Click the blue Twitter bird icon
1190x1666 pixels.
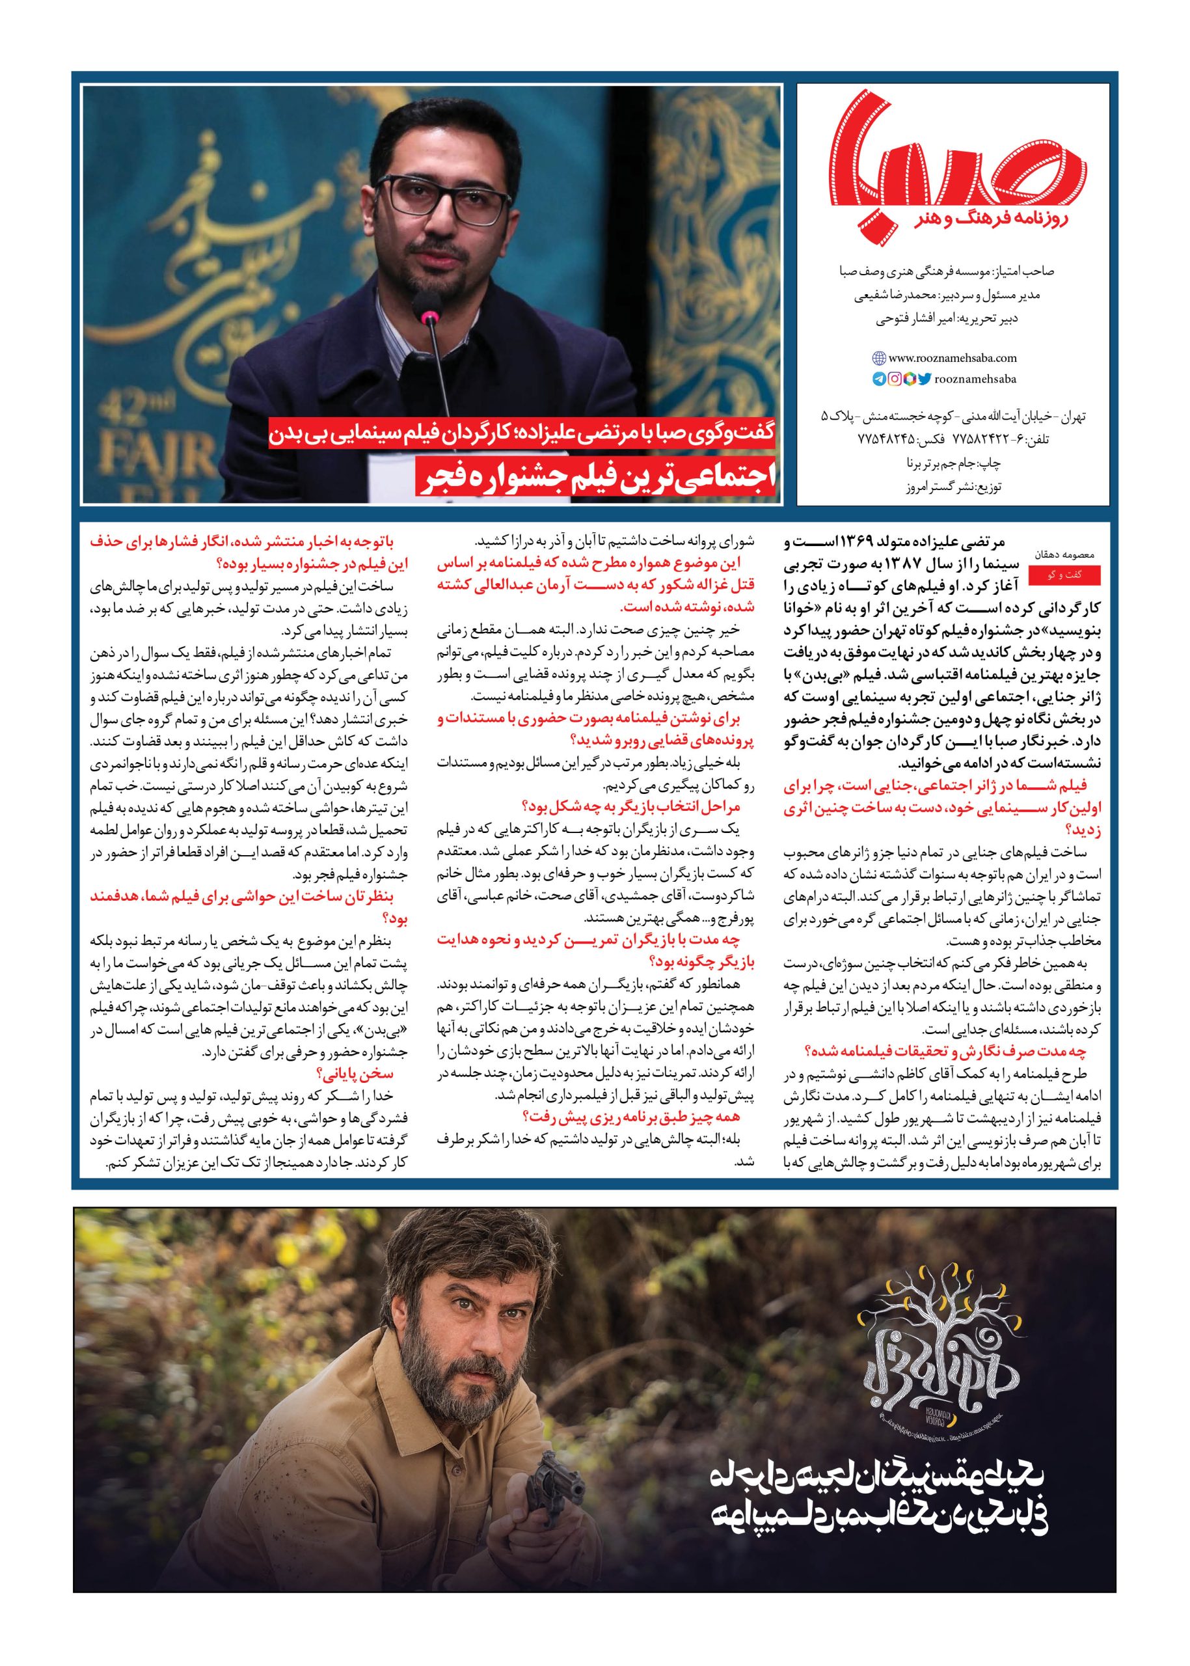(x=925, y=379)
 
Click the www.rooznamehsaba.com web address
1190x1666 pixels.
(x=953, y=359)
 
